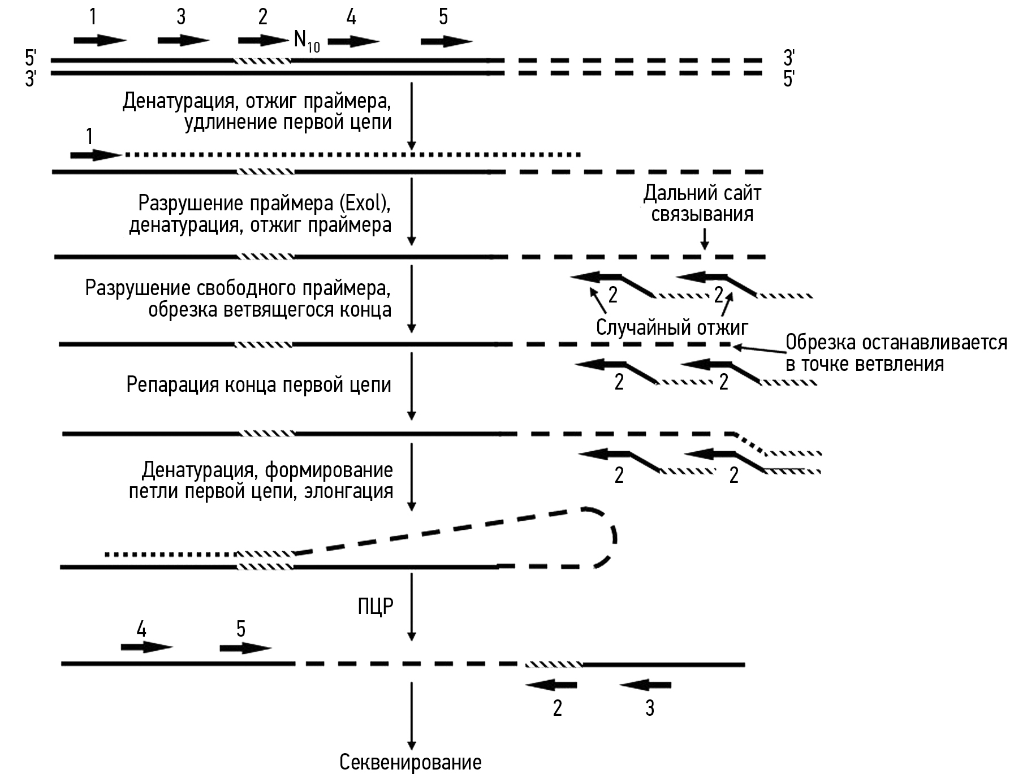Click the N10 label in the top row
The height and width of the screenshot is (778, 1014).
pyautogui.click(x=307, y=41)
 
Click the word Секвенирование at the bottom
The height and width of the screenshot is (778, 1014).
pyautogui.click(x=410, y=762)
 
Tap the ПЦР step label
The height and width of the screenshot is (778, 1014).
pyautogui.click(x=375, y=606)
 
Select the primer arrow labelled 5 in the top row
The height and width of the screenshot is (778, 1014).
pyautogui.click(x=446, y=41)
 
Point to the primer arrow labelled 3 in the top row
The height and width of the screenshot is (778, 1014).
pyautogui.click(x=183, y=40)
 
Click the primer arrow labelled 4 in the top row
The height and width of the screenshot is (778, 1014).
pyautogui.click(x=353, y=41)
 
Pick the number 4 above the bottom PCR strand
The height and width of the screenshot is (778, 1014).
pyautogui.click(x=141, y=629)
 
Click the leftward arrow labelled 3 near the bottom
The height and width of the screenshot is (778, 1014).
pyautogui.click(x=645, y=685)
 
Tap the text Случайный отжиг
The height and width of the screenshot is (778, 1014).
pyautogui.click(x=672, y=327)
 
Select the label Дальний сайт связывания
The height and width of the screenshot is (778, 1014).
pyautogui.click(x=702, y=204)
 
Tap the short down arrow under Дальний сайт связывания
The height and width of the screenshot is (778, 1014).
pyautogui.click(x=704, y=238)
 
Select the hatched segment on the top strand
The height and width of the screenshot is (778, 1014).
pyautogui.click(x=262, y=60)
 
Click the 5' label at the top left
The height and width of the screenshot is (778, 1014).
pyautogui.click(x=31, y=57)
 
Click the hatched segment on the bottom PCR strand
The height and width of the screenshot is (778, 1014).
pyautogui.click(x=553, y=664)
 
